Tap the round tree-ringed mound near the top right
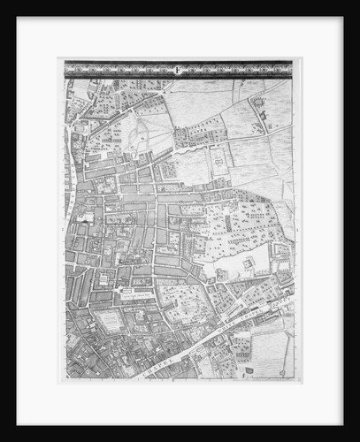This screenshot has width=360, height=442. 260,103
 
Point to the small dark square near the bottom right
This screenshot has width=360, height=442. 249,370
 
